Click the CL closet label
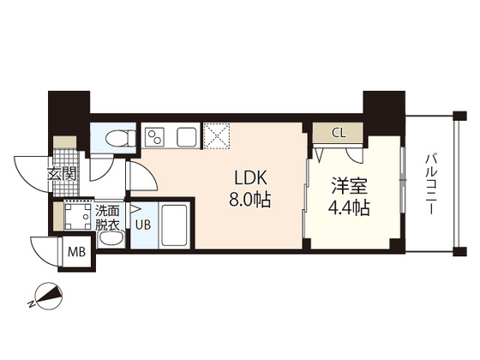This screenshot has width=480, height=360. [338, 133]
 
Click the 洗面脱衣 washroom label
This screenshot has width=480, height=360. [108, 216]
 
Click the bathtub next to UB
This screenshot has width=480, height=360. [175, 226]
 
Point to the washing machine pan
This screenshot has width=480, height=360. [76, 216]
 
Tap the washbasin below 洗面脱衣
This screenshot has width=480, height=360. [110, 241]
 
